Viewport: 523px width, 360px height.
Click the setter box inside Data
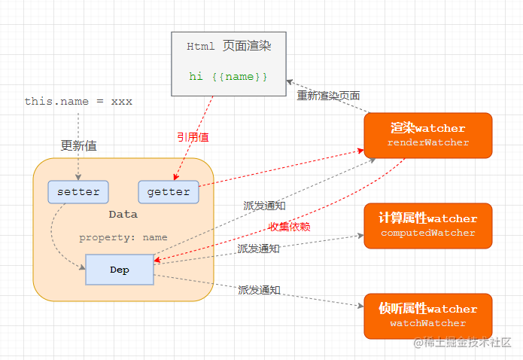click(78, 191)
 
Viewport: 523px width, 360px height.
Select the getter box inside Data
click(169, 191)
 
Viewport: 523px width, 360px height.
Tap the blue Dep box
click(120, 270)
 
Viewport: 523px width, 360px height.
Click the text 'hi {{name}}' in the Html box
click(229, 77)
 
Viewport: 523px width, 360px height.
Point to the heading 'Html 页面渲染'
click(229, 47)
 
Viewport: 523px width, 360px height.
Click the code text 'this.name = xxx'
click(78, 101)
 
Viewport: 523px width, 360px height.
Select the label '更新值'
click(78, 145)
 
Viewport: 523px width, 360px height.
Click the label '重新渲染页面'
click(328, 96)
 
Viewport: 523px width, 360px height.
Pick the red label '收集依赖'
click(290, 227)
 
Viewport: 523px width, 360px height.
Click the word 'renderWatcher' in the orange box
click(427, 142)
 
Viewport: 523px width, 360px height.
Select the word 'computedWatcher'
click(427, 233)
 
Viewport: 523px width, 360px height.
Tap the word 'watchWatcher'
click(427, 323)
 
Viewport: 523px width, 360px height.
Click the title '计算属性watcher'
click(427, 218)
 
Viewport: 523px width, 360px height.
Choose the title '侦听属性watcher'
click(427, 309)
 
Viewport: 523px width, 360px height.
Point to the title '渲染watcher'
click(427, 128)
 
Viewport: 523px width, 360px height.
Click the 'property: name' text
click(123, 237)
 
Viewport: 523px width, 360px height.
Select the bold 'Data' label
click(123, 214)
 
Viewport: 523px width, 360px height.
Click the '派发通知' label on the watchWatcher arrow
click(259, 289)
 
